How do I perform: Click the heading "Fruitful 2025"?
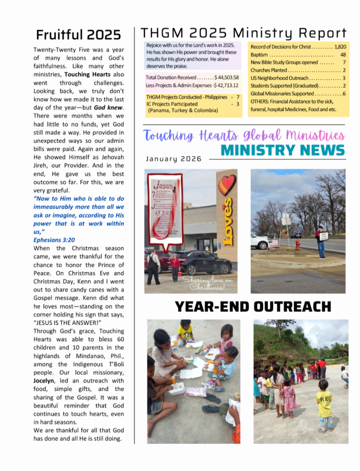(78, 35)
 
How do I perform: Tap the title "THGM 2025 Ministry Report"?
(244, 33)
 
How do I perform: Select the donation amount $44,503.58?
(226, 78)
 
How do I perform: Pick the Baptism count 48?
(343, 55)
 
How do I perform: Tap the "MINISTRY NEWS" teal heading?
(283, 150)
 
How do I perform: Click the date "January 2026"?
(174, 159)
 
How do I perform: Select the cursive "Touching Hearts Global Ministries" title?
(244, 136)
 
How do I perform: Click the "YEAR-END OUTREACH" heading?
(253, 307)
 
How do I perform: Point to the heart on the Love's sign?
(227, 184)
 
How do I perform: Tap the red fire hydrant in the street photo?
(297, 244)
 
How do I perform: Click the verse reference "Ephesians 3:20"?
(54, 240)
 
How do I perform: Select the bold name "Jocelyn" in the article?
(46, 381)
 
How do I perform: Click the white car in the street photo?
(259, 241)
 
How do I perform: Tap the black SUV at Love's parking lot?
(203, 263)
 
